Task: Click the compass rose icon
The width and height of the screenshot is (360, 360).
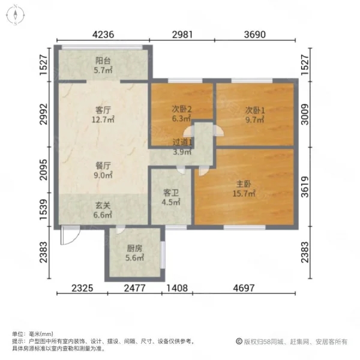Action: tap(16, 15)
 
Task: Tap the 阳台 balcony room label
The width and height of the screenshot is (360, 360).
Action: tap(103, 61)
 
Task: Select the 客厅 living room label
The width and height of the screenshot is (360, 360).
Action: tap(103, 110)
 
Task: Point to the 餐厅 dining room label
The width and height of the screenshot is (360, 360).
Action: tap(103, 166)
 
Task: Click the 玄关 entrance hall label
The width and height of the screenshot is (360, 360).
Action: tap(103, 205)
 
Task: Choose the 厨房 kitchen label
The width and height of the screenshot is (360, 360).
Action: tap(134, 248)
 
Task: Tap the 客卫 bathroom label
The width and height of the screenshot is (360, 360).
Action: tap(171, 193)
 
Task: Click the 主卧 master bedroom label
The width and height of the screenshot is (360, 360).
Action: tap(244, 184)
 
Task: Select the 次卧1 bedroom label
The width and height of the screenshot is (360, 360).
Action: tap(255, 110)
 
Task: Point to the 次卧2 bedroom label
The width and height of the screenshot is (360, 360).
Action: tap(182, 109)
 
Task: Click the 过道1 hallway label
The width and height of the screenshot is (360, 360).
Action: tap(182, 142)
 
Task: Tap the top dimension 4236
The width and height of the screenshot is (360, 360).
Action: tap(103, 34)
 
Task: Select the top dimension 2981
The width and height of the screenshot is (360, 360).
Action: tap(182, 34)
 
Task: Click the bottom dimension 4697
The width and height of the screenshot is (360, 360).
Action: tap(244, 288)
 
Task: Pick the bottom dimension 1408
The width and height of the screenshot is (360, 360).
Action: tap(177, 288)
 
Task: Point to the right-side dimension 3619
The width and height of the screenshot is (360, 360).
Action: tap(305, 187)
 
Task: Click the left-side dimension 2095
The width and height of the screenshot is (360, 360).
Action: tap(43, 170)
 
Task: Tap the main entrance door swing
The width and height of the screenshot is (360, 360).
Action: tap(70, 235)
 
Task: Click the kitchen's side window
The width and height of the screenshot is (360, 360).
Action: tap(163, 254)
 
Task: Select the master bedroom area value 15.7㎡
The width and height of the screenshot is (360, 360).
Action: tap(244, 194)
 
